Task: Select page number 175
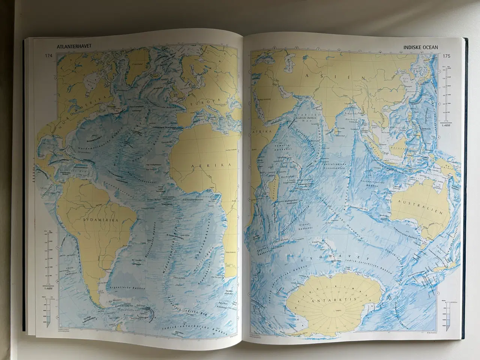[446, 57]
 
